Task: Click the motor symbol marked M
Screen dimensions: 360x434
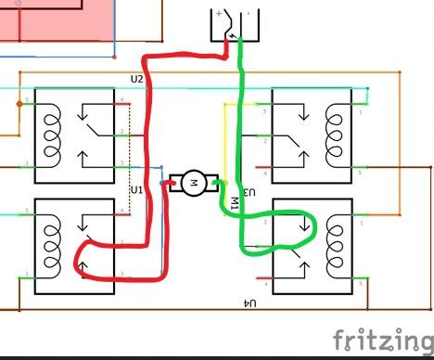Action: coord(195,183)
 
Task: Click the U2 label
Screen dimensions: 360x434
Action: coord(137,79)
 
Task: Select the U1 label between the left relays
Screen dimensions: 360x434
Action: coord(136,190)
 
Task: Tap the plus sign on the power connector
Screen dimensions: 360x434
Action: coord(218,14)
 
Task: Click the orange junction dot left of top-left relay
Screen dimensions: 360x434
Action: coord(18,104)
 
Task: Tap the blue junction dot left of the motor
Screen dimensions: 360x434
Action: coord(163,184)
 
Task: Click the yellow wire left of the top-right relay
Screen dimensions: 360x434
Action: coord(223,139)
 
